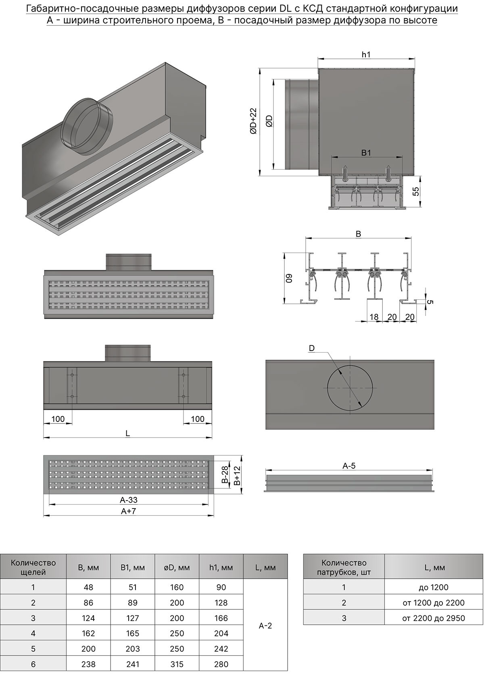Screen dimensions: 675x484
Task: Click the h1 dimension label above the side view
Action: click(x=366, y=55)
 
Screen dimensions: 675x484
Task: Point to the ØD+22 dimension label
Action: click(x=253, y=121)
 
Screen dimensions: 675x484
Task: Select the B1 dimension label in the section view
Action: click(x=366, y=153)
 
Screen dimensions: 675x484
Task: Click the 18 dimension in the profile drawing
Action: click(x=374, y=317)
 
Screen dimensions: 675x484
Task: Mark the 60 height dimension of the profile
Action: click(x=289, y=278)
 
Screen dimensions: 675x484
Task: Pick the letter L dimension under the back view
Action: click(x=127, y=434)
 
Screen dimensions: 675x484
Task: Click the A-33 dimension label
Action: click(x=129, y=500)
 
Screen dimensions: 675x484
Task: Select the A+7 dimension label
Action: click(x=129, y=511)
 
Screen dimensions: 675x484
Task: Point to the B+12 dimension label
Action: click(x=237, y=475)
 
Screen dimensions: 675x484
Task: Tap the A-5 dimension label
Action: click(x=349, y=466)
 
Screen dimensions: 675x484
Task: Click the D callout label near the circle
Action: click(x=311, y=348)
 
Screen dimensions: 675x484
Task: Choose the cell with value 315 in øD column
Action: click(x=177, y=664)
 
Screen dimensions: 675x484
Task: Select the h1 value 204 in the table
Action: click(x=221, y=633)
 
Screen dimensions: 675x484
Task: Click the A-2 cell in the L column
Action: click(x=265, y=626)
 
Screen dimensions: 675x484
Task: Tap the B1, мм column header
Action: click(x=132, y=567)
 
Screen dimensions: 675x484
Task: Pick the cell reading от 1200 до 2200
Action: click(x=433, y=603)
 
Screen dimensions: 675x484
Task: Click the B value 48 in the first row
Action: click(x=88, y=588)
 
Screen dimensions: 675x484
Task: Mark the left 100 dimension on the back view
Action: click(x=58, y=419)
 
